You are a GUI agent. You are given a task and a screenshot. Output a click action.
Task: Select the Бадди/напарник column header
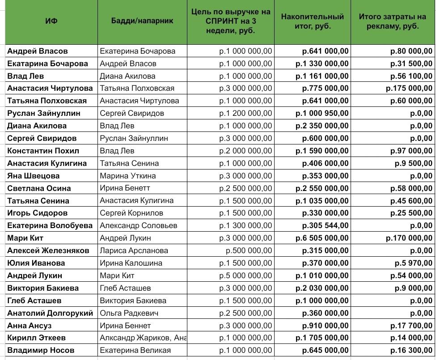[142, 21]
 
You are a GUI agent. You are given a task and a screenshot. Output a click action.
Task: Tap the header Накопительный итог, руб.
[312, 21]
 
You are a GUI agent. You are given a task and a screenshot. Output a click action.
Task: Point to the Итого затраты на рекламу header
[393, 21]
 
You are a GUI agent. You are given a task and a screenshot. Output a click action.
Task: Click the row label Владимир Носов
[41, 350]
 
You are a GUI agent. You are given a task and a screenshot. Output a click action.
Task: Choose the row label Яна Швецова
[34, 176]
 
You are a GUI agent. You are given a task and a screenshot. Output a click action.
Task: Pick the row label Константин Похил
[43, 151]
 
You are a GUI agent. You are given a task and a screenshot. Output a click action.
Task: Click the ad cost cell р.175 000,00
[409, 89]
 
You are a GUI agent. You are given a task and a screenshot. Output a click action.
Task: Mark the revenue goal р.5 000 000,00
[246, 275]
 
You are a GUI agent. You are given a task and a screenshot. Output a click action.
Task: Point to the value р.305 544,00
[326, 225]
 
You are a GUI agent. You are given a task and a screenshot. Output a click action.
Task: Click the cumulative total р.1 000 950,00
[322, 113]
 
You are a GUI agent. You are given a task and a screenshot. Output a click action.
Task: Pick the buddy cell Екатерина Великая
[135, 350]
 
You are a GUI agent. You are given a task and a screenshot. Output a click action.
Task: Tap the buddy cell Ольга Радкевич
[129, 313]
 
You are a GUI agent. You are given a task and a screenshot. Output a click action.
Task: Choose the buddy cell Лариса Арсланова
[134, 250]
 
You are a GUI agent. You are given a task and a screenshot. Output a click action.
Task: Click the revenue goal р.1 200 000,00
[246, 113]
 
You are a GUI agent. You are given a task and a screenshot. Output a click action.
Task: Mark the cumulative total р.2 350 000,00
[322, 126]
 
